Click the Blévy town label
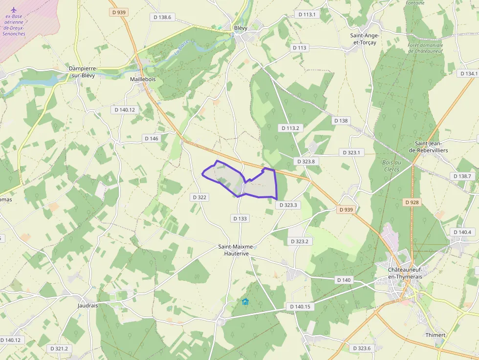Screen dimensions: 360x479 240,28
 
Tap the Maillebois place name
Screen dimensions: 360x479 143,79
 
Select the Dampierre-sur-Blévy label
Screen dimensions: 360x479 82,72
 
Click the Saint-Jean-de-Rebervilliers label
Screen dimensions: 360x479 431,147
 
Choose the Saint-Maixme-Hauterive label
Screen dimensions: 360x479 237,250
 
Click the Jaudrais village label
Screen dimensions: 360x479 88,305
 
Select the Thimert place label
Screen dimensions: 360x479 435,335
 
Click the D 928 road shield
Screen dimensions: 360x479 413,202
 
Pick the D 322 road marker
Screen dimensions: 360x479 199,197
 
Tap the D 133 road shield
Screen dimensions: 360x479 240,218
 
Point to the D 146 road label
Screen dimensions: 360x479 152,138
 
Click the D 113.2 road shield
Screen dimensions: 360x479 290,128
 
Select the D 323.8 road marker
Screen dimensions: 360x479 307,161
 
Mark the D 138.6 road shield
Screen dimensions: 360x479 162,17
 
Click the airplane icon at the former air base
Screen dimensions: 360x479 13,10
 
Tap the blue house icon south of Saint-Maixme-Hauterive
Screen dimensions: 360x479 245,301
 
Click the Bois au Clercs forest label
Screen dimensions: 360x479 391,166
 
